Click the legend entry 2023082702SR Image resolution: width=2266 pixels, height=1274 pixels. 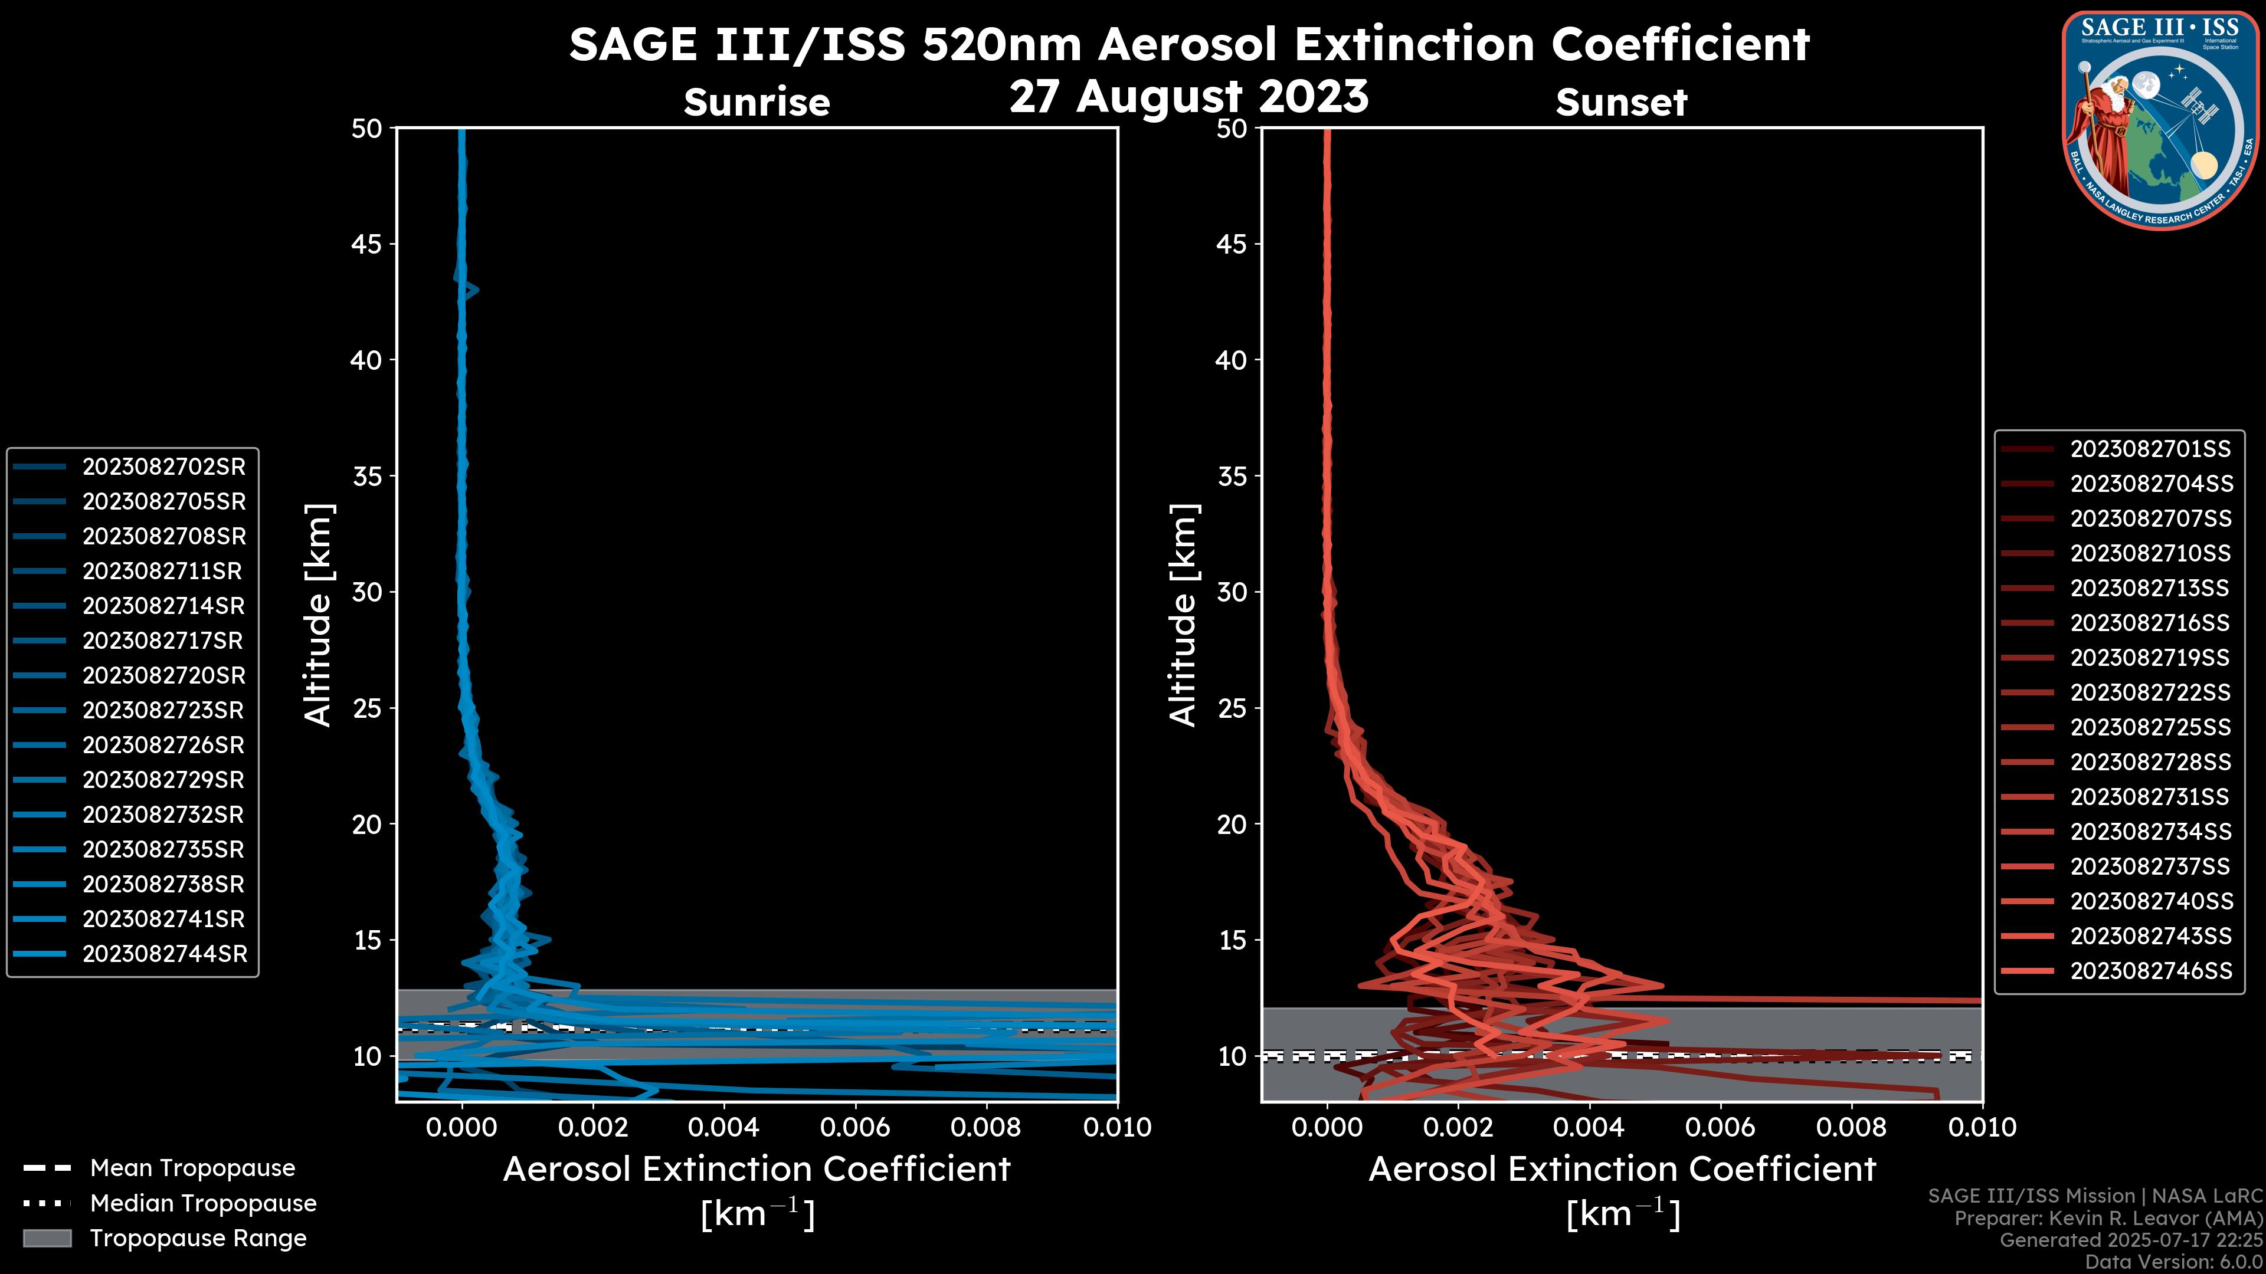163,467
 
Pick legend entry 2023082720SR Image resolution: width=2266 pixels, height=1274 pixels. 163,675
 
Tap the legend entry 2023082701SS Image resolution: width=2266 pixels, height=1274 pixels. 2150,449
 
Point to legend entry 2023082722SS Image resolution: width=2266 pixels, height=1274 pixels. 2150,693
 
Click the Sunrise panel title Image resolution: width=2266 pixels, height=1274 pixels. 757,103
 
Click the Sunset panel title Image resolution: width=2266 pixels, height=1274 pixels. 1621,103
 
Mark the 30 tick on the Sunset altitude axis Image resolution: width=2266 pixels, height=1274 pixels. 1232,592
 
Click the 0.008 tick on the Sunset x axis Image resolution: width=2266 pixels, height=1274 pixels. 1852,1127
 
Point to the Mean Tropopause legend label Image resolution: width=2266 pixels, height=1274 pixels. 192,1168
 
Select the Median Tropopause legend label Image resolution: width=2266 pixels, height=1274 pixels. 203,1204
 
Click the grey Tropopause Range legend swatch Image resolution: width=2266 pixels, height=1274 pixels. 47,1238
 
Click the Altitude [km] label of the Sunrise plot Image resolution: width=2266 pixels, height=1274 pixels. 317,615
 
